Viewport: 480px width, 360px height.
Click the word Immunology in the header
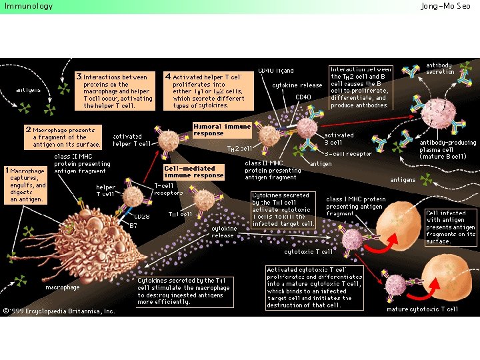coord(28,6)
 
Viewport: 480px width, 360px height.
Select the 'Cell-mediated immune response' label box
coord(189,172)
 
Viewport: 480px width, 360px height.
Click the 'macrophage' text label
coord(62,287)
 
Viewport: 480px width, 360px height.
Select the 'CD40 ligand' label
coord(276,71)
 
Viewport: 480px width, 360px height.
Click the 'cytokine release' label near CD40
coord(297,85)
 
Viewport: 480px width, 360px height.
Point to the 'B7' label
coord(133,226)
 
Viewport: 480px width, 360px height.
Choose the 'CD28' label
coord(141,217)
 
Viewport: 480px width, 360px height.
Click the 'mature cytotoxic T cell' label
coord(422,309)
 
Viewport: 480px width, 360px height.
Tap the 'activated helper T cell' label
coord(132,140)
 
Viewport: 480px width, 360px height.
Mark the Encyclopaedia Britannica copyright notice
coord(59,311)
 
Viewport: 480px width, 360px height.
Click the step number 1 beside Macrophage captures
coord(7,171)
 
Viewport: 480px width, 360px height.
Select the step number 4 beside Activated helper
coord(168,77)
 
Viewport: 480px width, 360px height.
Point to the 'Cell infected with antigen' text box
coord(450,227)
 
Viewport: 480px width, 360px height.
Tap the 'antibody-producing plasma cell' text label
coord(447,149)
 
